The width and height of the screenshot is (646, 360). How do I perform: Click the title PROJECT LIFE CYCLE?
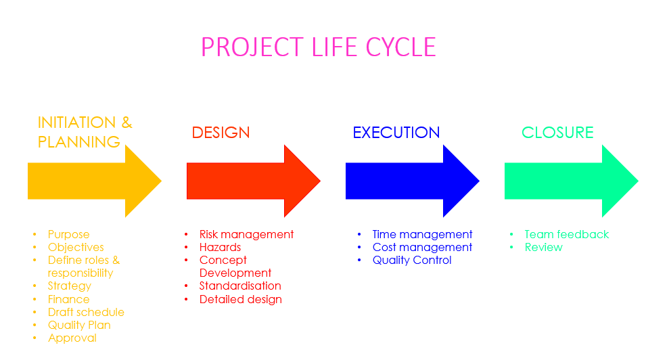click(x=319, y=47)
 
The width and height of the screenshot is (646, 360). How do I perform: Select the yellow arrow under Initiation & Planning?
click(x=94, y=181)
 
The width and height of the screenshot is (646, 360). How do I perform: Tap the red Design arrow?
click(x=254, y=181)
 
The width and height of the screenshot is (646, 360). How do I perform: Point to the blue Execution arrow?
click(x=413, y=181)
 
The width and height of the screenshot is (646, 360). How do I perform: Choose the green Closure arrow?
click(x=572, y=181)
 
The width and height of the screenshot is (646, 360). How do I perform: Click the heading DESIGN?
click(x=221, y=133)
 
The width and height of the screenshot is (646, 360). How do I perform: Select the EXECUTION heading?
click(x=396, y=133)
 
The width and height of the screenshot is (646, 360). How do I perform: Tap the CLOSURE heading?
click(x=557, y=133)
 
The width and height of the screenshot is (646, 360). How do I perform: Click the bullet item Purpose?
click(x=68, y=235)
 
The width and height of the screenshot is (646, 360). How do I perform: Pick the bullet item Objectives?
click(x=76, y=248)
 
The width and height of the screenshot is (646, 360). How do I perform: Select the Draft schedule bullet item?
click(x=86, y=312)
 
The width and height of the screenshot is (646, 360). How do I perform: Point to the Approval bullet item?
click(x=72, y=338)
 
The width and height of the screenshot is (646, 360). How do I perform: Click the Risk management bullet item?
click(x=246, y=235)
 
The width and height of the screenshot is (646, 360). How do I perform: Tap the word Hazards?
click(x=220, y=248)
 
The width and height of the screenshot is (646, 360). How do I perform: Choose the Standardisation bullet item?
click(x=240, y=286)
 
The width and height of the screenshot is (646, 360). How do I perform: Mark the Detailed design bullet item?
click(x=241, y=299)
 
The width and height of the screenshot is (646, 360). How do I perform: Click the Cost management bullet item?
click(x=422, y=248)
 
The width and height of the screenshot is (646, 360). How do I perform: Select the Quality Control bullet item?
click(x=412, y=261)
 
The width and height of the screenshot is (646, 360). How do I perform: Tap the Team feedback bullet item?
click(x=566, y=235)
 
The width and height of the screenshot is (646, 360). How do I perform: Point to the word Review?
click(x=543, y=248)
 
